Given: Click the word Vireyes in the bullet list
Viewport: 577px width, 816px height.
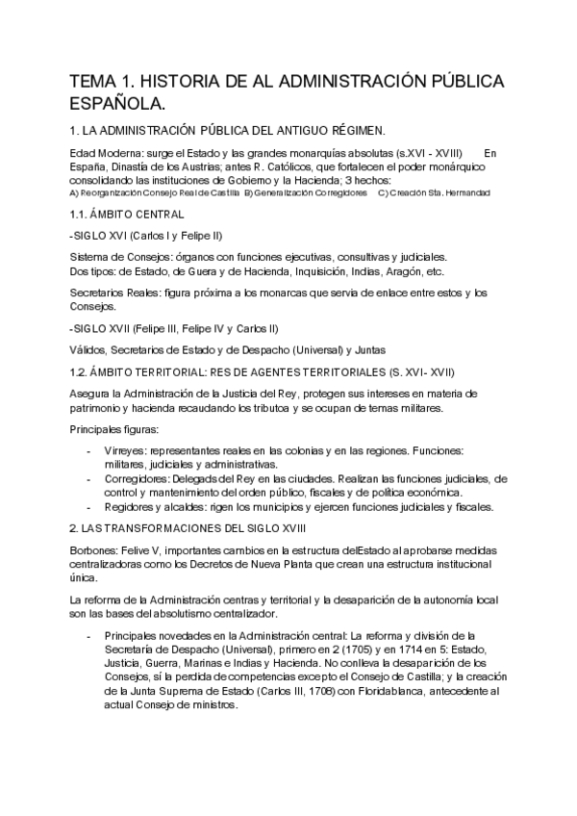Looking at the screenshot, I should tap(124, 450).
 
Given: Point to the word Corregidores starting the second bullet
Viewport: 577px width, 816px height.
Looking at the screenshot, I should tap(138, 478).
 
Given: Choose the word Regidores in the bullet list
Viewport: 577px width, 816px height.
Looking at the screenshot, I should tap(132, 506).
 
